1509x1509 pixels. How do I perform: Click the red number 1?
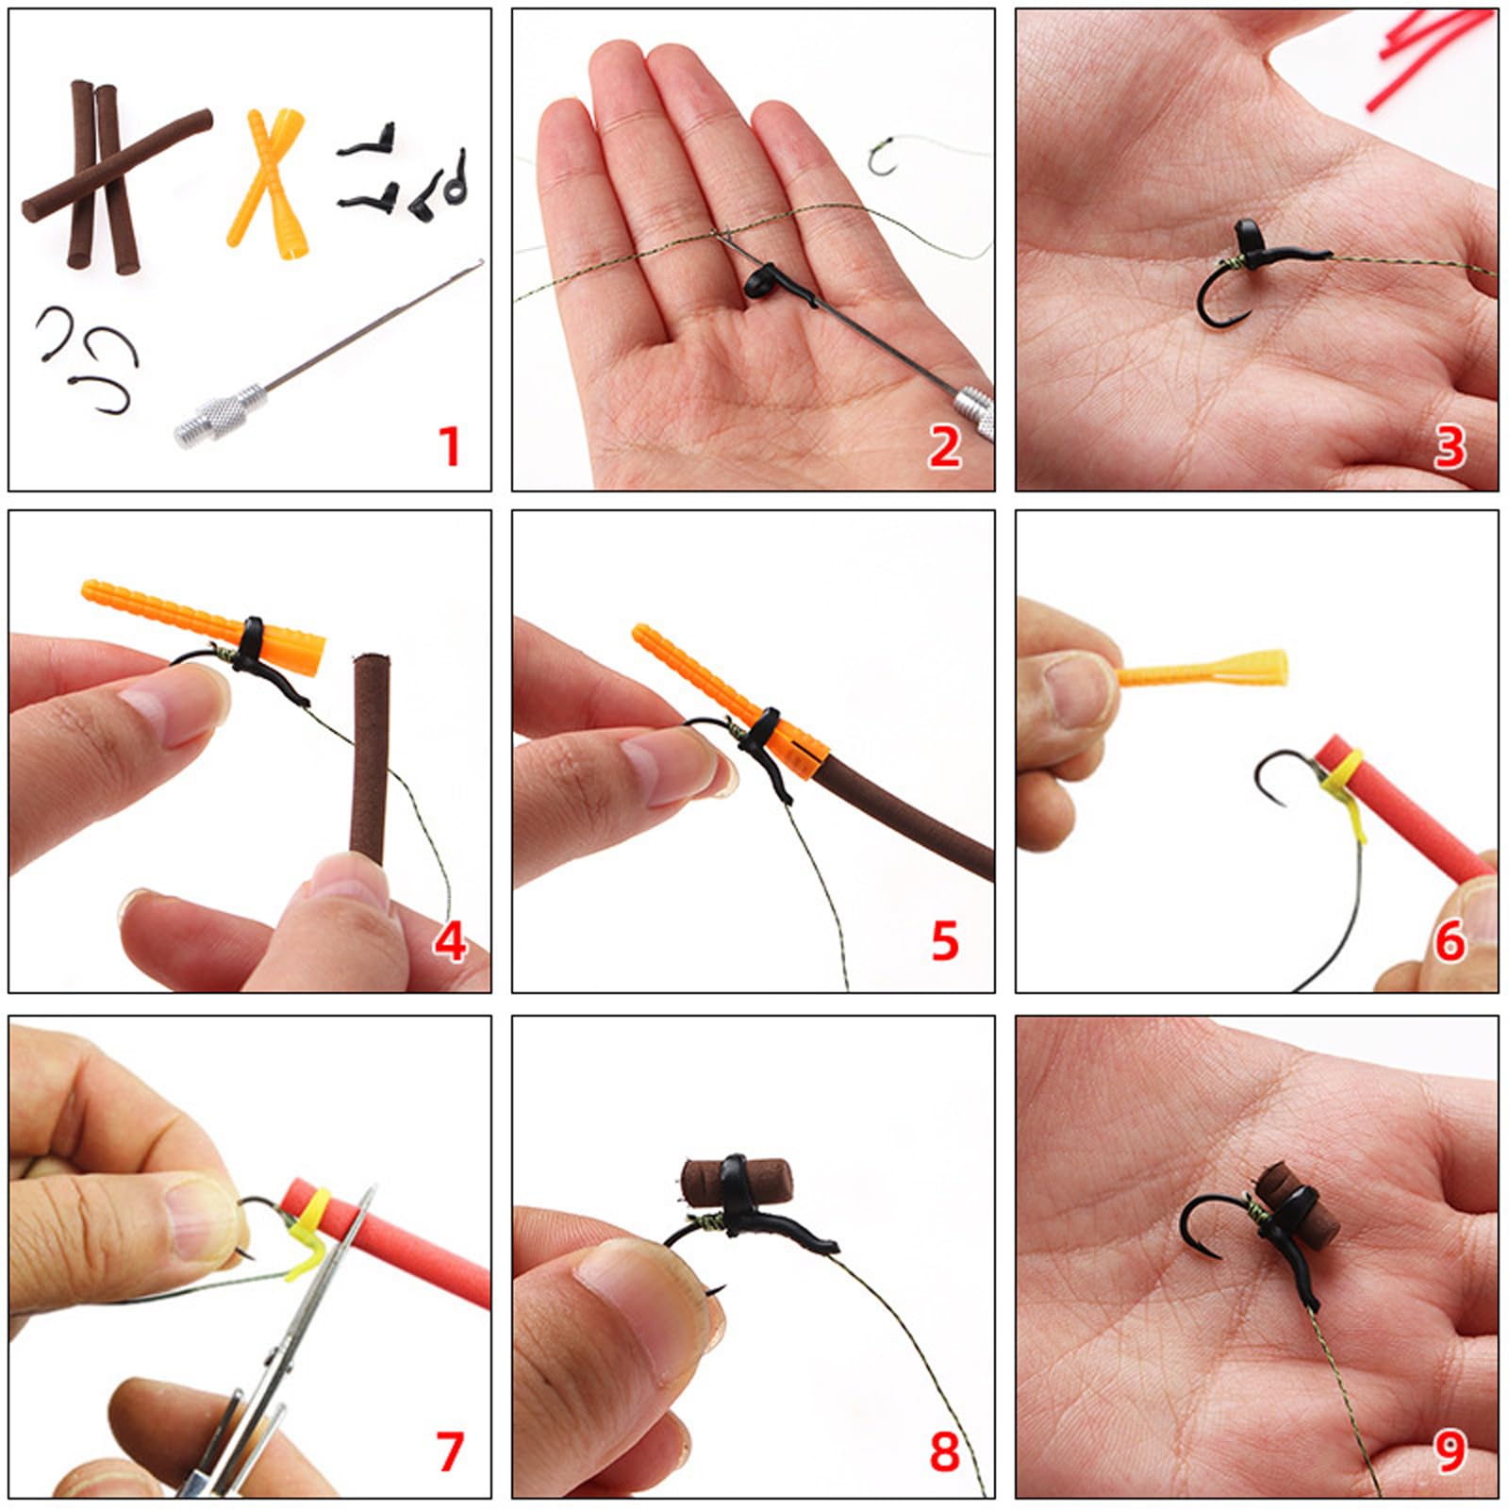point(450,446)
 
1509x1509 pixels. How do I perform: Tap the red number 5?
point(945,941)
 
